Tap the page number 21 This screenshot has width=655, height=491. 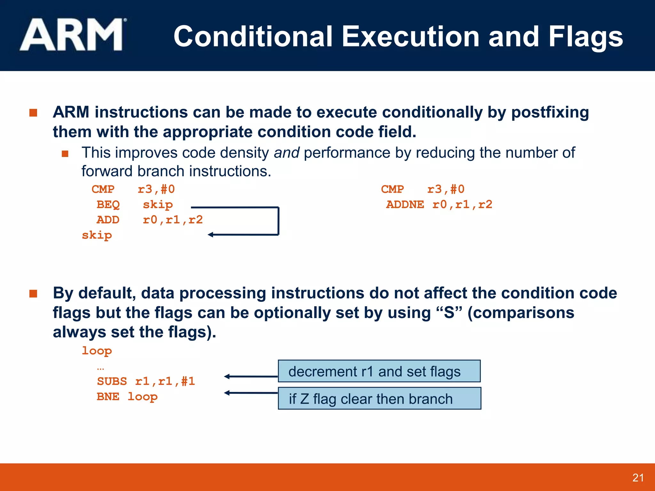click(x=638, y=478)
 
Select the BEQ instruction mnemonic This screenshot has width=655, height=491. click(x=108, y=205)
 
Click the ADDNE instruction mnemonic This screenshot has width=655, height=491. click(x=405, y=205)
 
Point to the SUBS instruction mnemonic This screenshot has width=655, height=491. click(x=112, y=381)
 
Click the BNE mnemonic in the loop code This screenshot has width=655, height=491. click(x=108, y=396)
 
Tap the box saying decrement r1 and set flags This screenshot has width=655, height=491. click(x=379, y=371)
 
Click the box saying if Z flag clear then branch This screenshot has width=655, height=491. click(x=379, y=399)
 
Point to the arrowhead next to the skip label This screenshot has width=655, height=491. click(x=211, y=235)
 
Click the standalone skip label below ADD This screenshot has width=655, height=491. click(x=97, y=235)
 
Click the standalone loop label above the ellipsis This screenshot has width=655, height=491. click(x=97, y=351)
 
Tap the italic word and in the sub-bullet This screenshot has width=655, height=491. click(x=287, y=153)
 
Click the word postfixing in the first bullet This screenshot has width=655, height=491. click(x=550, y=113)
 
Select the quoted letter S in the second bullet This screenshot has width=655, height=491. click(x=449, y=313)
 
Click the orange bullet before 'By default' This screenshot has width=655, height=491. click(x=33, y=293)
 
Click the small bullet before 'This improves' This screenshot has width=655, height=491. click(x=65, y=154)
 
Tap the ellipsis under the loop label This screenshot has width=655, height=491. click(x=100, y=369)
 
